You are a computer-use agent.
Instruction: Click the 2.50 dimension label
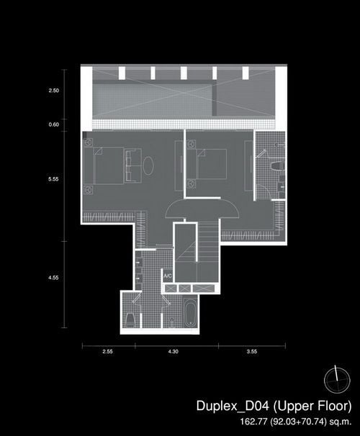point(54,91)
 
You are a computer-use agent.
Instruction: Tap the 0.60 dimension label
point(54,124)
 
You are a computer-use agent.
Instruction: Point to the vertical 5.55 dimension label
point(53,179)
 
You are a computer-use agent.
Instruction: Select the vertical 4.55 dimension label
point(53,278)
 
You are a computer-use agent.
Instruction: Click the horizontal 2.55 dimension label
point(107,352)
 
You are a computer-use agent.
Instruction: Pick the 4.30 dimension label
point(173,352)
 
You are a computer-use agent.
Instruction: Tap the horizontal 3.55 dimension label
point(252,352)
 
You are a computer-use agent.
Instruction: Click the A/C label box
point(168,276)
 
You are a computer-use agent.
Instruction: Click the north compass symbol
point(337,380)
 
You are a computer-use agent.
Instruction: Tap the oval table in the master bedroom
point(148,165)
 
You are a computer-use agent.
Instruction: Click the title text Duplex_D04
point(233,406)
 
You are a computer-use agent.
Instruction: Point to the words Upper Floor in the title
point(312,406)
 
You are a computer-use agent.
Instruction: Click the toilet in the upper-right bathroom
point(278,165)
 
